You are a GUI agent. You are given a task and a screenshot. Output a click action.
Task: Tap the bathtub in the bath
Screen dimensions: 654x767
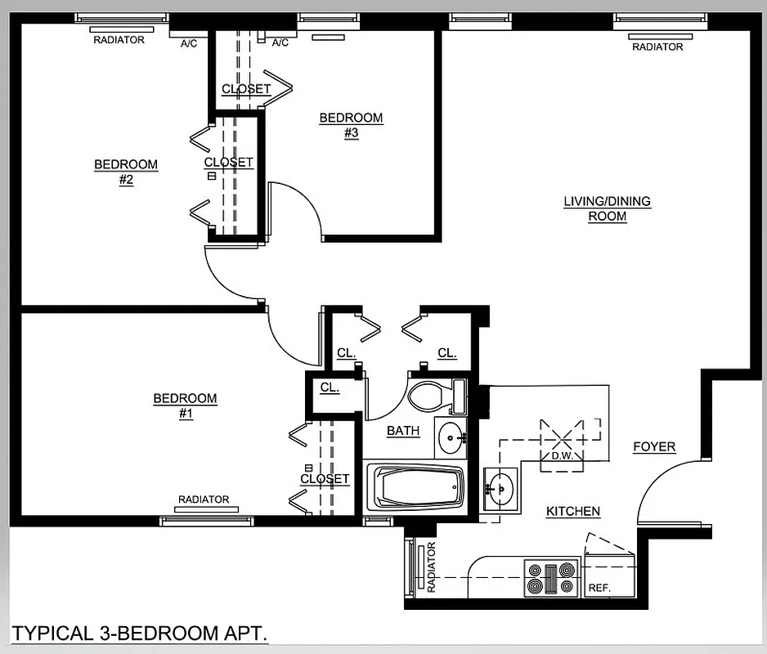point(415,487)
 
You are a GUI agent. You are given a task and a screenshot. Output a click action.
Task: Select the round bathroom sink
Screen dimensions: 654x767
point(449,439)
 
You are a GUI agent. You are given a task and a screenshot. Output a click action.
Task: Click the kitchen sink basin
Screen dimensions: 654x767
point(500,489)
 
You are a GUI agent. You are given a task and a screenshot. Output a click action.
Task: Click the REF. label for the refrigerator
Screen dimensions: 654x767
point(599,588)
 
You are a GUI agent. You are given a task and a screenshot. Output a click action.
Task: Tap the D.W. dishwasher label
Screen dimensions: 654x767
point(561,455)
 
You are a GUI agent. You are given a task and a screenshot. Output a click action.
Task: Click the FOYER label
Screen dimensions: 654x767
point(654,446)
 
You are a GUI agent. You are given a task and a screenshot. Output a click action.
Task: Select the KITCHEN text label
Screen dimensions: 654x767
point(573,511)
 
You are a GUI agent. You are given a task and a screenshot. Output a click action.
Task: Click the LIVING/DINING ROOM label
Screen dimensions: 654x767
point(607,208)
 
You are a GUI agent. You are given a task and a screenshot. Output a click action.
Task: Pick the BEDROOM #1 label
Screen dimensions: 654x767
point(186,405)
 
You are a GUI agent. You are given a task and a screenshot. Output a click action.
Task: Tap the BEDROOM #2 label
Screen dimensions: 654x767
point(126,172)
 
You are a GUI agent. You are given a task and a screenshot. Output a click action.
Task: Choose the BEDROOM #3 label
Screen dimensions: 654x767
point(351,125)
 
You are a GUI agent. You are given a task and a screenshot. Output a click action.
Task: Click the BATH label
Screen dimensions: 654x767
point(403,431)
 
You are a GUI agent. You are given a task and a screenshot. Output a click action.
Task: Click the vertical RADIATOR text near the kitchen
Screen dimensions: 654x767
point(431,567)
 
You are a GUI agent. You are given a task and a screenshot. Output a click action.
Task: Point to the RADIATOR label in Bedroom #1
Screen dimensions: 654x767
point(204,499)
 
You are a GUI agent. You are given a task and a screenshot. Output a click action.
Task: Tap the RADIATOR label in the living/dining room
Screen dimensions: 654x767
point(657,47)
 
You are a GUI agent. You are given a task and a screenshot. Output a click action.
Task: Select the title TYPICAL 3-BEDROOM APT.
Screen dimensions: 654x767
point(140,633)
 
